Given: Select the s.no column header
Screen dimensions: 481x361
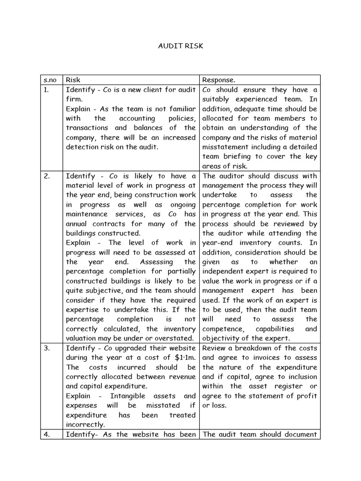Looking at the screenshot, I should [x=50, y=80].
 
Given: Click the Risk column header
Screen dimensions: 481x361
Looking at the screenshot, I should [x=73, y=80].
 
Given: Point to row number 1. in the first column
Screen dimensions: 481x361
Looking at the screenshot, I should [x=46, y=90].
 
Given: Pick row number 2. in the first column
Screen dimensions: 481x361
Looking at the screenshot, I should [x=46, y=176].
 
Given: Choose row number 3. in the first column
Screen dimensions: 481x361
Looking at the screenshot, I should [x=46, y=348].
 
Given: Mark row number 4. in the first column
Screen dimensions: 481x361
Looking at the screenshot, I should [x=46, y=434].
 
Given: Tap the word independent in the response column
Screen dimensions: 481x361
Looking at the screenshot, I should [x=225, y=272].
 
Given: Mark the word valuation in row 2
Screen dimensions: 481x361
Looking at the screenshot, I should [x=83, y=339].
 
